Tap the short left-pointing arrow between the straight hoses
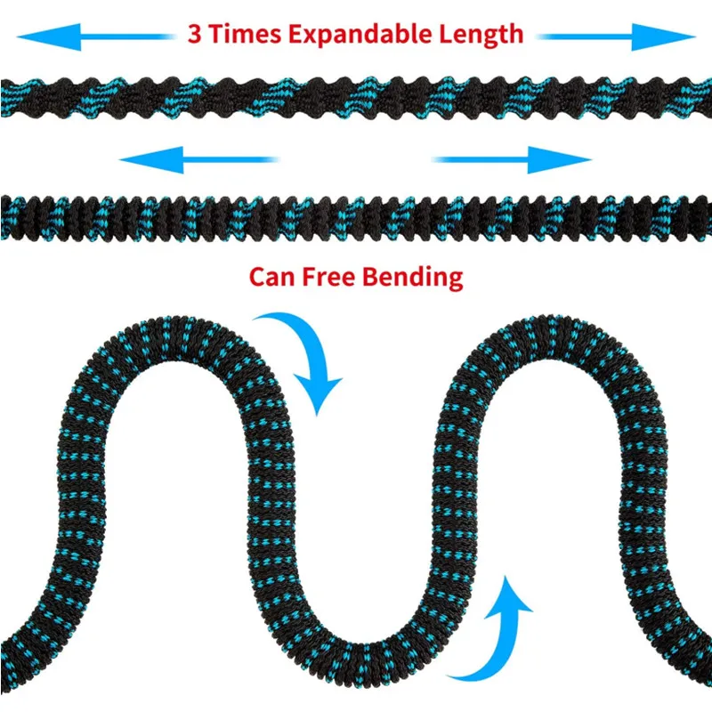(198, 160)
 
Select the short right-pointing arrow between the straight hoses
(513, 160)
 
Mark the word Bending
(412, 276)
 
